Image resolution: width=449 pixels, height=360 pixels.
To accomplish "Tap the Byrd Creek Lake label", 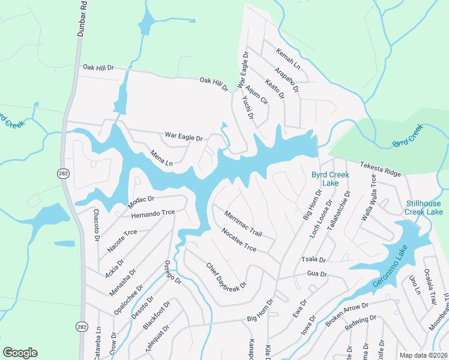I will point(330,179).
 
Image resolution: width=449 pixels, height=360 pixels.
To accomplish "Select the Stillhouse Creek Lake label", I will point(424,208).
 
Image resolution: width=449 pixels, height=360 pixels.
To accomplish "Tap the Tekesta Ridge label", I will point(380,169).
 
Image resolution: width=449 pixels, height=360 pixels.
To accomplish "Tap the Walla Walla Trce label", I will point(367,199).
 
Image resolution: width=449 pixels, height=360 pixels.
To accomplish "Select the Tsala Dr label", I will point(313,260).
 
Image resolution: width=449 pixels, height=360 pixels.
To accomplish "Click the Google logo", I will point(20,353).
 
